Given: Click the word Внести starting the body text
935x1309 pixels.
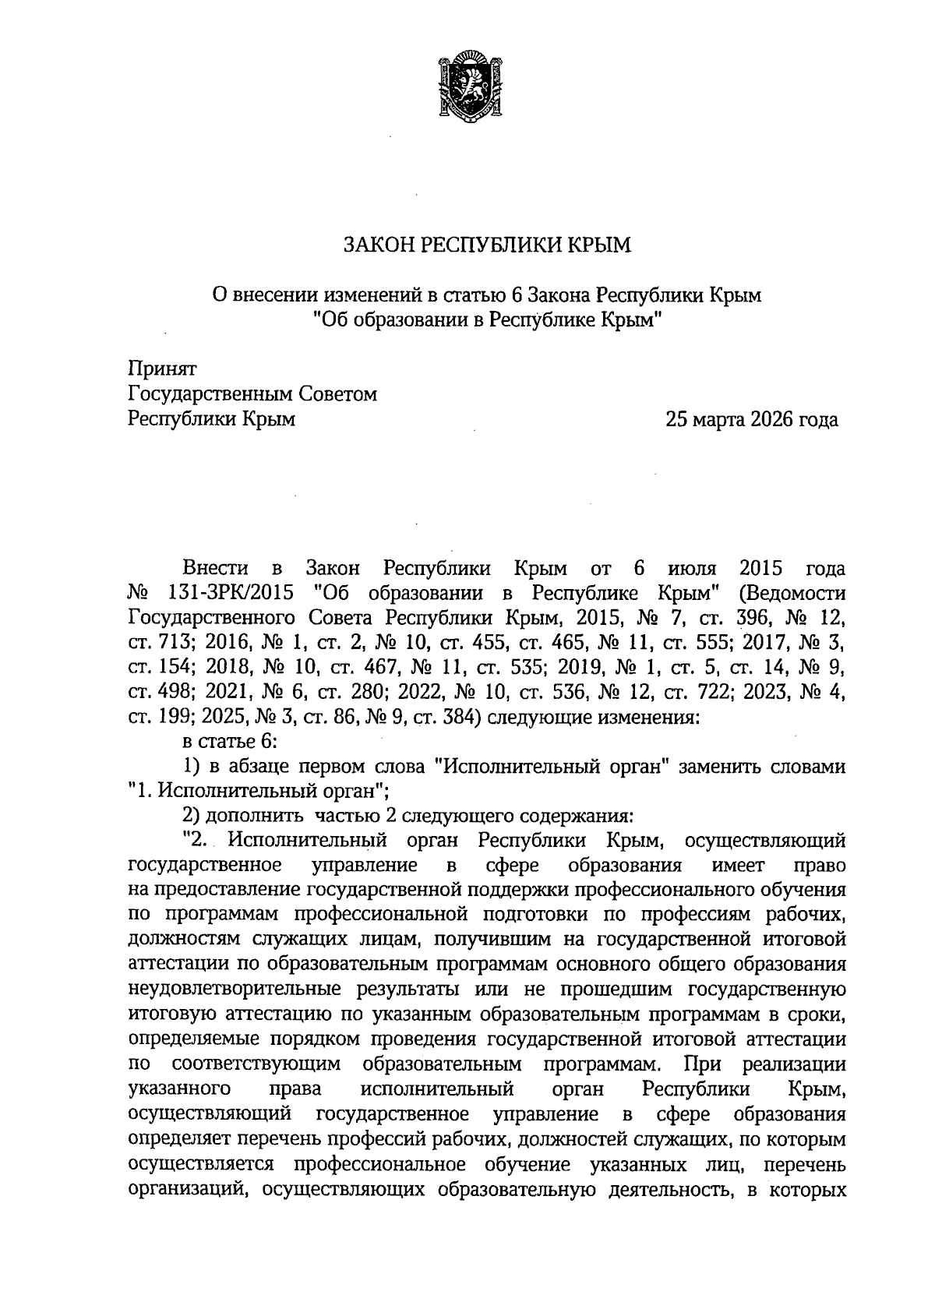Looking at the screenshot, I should click(215, 566).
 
